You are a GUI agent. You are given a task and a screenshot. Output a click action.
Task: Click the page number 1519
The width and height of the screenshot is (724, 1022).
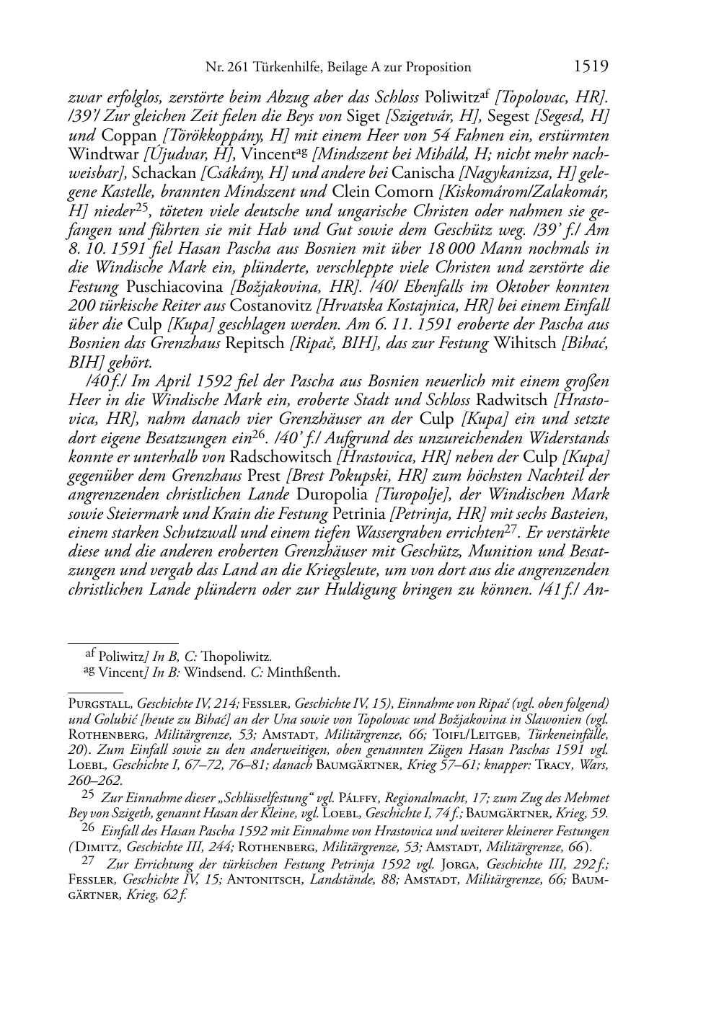point(591,67)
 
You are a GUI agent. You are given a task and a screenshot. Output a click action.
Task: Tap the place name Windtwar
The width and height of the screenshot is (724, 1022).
point(104,154)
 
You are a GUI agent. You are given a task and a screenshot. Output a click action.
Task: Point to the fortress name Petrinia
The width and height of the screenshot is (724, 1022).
point(358,514)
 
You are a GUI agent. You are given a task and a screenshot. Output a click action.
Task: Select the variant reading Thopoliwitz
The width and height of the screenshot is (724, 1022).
point(239,657)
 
